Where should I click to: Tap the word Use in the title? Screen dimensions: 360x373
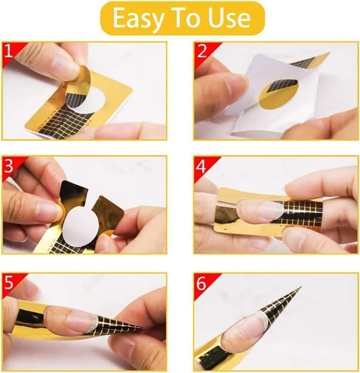229,18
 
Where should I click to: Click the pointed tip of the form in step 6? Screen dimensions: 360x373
301,287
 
